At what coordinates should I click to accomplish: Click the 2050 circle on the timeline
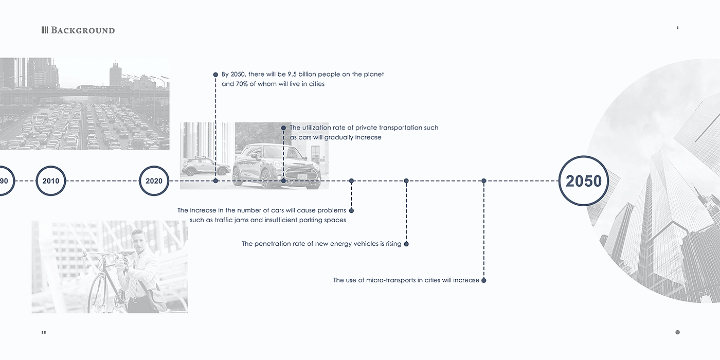583,181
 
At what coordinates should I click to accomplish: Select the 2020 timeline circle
154,181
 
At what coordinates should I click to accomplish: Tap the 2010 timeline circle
51,181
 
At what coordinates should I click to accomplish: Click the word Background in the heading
83,30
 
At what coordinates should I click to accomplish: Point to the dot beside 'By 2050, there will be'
215,75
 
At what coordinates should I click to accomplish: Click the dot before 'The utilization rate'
283,128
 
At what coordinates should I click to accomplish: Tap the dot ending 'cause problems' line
351,210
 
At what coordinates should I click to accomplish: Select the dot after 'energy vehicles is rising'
406,244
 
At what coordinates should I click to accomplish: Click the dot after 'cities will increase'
484,280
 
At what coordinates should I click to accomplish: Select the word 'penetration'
273,244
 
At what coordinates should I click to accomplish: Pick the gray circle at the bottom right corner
677,332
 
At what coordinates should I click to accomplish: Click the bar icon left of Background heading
44,30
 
